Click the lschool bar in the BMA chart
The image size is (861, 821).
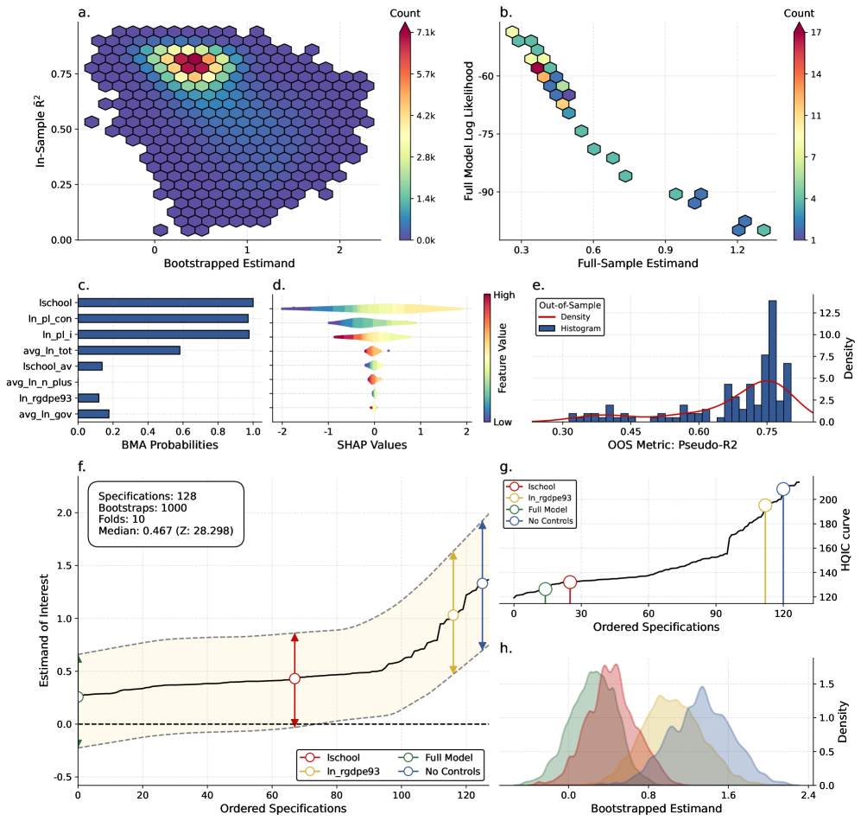pyautogui.click(x=165, y=302)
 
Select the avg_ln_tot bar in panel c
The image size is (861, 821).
pyautogui.click(x=129, y=350)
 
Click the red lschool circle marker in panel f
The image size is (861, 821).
pyautogui.click(x=294, y=678)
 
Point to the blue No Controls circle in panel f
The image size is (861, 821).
pyautogui.click(x=482, y=583)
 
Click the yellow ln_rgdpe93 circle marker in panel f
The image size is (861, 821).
pyautogui.click(x=453, y=615)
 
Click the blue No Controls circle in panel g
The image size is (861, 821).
pyautogui.click(x=783, y=489)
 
